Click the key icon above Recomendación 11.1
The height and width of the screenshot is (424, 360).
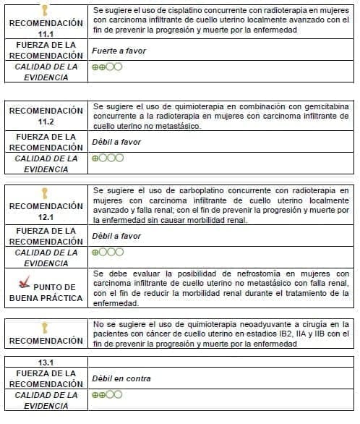(45, 10)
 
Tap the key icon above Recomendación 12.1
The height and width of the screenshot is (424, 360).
(45, 192)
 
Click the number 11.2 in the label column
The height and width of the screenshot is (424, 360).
(46, 121)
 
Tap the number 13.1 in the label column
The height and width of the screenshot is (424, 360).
(46, 360)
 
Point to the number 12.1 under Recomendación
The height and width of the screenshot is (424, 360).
(46, 216)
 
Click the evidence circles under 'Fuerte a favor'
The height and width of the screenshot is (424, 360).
(107, 67)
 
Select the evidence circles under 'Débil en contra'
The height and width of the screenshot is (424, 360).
(107, 395)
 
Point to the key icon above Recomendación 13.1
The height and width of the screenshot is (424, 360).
(45, 327)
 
